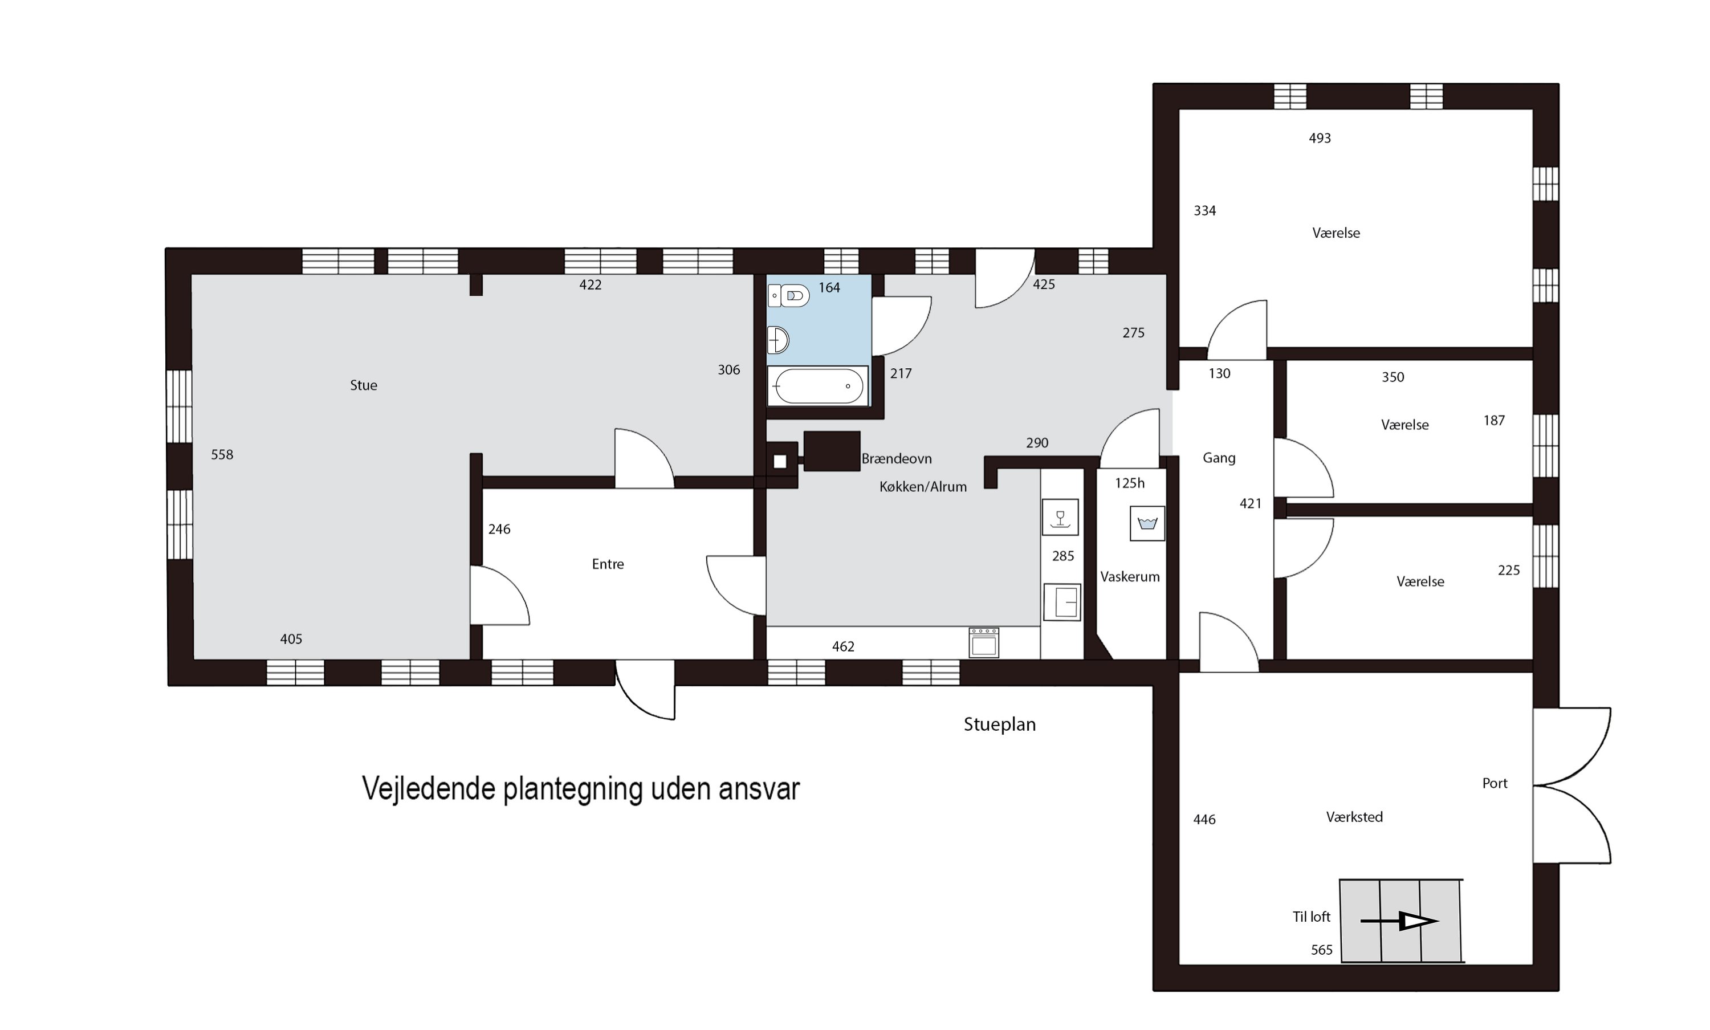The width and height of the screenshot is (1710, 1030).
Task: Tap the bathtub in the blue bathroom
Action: point(817,386)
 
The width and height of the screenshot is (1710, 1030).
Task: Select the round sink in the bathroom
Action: point(778,341)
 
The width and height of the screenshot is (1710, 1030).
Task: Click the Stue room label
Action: point(363,385)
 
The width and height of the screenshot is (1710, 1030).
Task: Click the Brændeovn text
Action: point(896,459)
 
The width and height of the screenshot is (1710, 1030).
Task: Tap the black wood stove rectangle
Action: point(832,451)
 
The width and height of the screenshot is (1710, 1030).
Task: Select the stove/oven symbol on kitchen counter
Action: point(983,643)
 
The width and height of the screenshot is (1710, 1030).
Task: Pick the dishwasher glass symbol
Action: point(1060,517)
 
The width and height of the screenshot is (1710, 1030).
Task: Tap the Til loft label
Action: point(1311,917)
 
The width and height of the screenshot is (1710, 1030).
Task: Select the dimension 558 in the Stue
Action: point(222,455)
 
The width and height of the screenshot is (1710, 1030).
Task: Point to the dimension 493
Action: point(1320,138)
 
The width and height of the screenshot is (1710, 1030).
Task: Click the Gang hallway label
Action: point(1219,458)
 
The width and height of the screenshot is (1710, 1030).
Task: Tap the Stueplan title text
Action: point(999,724)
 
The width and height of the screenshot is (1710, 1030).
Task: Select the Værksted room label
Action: point(1354,817)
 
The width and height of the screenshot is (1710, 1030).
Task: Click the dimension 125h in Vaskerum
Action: point(1129,483)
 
